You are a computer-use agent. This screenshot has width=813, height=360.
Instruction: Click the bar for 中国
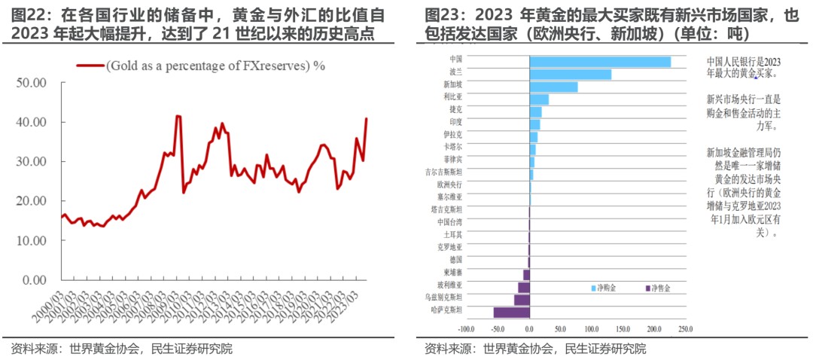(600, 62)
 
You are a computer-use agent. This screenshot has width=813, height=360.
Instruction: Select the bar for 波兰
(570, 75)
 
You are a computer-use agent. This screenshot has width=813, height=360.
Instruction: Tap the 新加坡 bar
(553, 87)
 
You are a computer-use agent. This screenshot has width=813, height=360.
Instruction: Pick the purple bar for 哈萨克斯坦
(512, 312)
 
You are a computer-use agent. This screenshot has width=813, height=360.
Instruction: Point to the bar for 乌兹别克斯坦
(522, 300)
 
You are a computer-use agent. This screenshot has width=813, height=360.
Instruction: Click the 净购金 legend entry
(604, 288)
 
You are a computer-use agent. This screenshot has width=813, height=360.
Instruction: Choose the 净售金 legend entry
(658, 288)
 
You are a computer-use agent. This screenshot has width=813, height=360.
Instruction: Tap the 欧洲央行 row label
(450, 183)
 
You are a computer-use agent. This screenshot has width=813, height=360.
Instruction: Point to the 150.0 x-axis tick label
(622, 329)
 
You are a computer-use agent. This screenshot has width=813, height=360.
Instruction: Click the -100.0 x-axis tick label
(466, 329)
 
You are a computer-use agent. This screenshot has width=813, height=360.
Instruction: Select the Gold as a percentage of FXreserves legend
(203, 66)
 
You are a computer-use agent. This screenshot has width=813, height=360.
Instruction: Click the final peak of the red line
(367, 118)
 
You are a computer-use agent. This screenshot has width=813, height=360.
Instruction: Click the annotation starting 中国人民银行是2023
(744, 67)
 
